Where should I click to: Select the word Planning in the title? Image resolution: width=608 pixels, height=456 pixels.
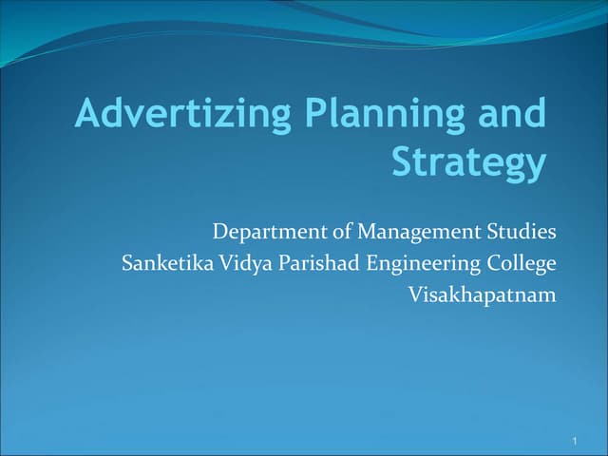[379, 115]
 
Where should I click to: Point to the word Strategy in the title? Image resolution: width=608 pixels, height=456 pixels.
[469, 162]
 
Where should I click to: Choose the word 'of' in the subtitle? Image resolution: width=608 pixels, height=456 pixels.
[336, 232]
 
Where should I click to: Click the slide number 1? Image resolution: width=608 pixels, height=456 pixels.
[577, 443]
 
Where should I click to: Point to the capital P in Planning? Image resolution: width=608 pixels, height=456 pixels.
[315, 114]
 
